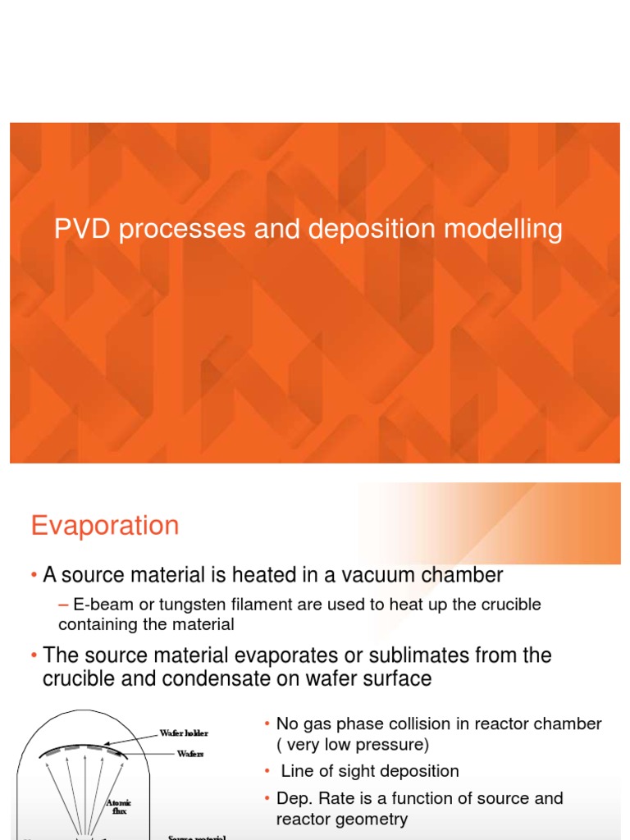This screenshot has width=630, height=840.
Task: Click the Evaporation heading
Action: coord(105,525)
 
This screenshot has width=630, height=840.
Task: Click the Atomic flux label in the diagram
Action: coord(119,806)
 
